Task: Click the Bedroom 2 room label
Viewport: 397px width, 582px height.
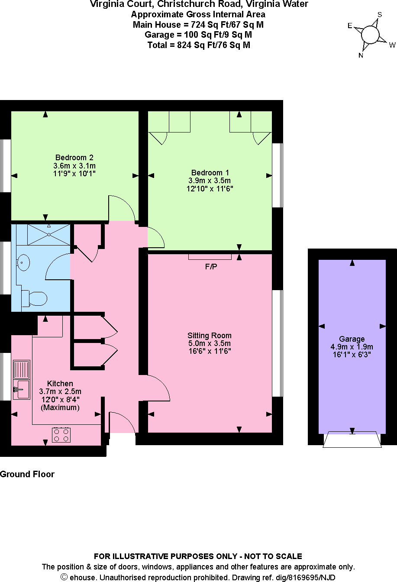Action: tap(74, 158)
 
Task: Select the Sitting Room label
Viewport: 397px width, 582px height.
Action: tap(209, 336)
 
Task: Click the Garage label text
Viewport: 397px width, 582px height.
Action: tap(352, 339)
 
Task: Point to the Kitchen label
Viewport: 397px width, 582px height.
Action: tap(60, 384)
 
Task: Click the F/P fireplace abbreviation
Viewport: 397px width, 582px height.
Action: tap(211, 267)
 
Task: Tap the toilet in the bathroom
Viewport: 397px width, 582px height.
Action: tap(35, 298)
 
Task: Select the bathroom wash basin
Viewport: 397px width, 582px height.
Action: tap(23, 262)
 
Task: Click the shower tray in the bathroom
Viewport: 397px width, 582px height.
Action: tap(48, 234)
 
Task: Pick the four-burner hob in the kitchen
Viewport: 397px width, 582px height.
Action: tap(61, 434)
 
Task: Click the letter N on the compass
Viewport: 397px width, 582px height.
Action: tap(361, 55)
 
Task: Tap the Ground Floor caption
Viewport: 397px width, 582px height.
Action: tap(27, 474)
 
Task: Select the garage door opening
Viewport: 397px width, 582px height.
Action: tap(352, 439)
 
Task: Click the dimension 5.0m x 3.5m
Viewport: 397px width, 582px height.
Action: tap(209, 343)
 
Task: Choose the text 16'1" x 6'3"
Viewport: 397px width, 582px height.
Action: tap(352, 354)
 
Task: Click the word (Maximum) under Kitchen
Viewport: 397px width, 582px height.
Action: tap(60, 407)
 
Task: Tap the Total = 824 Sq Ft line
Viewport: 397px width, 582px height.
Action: tap(198, 45)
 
